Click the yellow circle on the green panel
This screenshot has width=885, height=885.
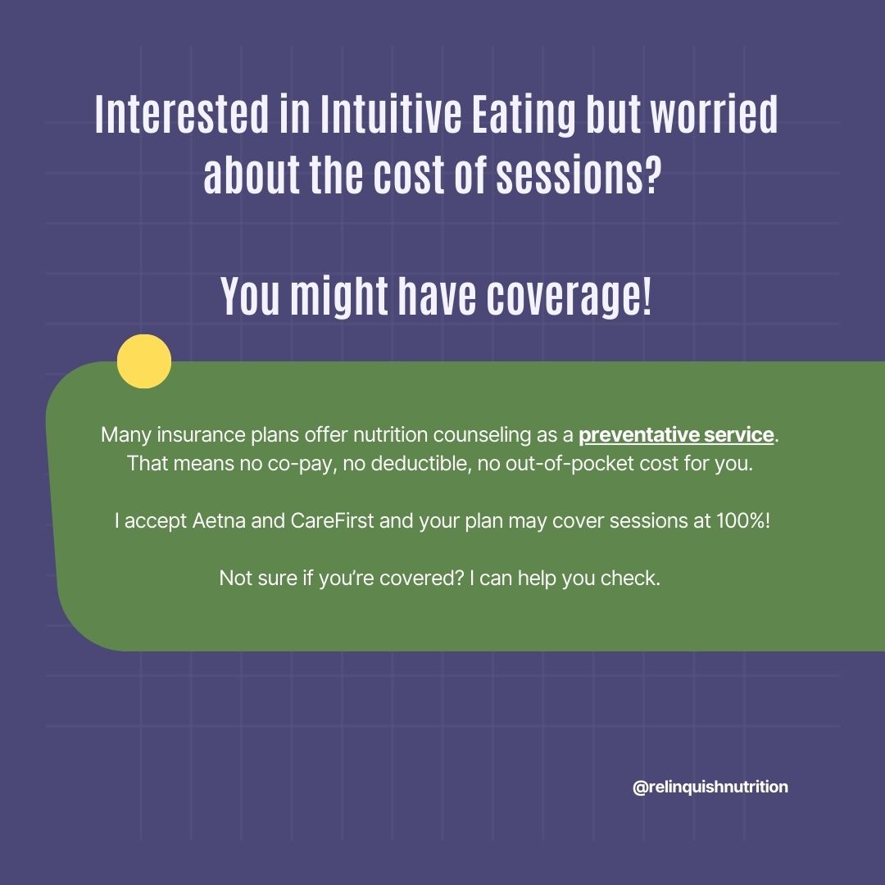[144, 361]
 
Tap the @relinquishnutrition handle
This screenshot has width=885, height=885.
[710, 787]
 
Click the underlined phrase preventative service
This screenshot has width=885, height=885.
[676, 434]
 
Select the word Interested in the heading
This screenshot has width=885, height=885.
[181, 117]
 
